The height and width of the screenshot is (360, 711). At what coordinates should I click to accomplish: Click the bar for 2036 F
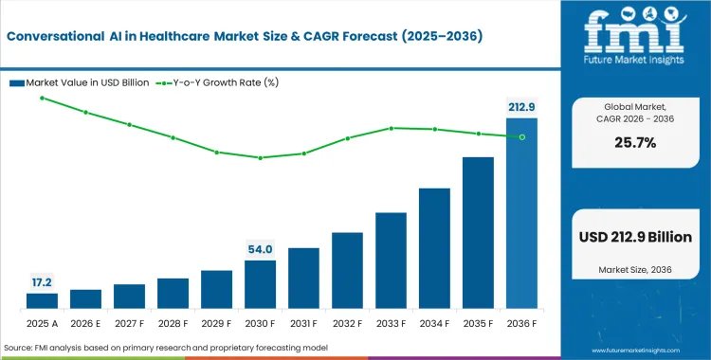coord(521,213)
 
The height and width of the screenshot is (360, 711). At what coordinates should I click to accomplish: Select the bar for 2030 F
coord(260,284)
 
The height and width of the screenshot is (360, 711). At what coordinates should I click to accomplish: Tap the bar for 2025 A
coord(42,301)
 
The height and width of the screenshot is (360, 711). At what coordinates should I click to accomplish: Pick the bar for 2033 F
coord(391,261)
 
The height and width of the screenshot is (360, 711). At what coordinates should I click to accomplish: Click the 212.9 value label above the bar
coord(521,107)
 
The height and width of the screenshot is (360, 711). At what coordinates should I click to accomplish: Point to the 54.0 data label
coord(260,249)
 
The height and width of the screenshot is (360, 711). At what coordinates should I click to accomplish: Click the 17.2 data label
coord(42,282)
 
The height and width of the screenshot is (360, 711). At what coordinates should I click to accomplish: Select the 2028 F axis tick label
coord(173,324)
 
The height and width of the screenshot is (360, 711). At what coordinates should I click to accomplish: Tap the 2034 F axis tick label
coord(434,324)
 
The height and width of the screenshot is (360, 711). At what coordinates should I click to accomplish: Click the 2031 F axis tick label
coord(303,324)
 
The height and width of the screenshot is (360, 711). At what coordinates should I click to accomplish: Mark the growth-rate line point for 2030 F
coord(261,158)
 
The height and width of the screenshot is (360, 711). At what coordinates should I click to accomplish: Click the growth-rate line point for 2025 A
coord(42,98)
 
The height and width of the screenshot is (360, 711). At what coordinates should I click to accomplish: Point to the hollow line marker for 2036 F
coord(522,137)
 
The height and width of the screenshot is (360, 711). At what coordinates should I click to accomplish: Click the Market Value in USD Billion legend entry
coord(80,83)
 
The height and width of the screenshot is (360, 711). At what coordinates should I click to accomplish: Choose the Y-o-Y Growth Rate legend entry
coord(217,83)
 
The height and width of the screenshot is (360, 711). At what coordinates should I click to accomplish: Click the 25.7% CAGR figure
coord(635,143)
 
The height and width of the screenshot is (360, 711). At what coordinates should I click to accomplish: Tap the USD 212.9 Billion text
coord(635,237)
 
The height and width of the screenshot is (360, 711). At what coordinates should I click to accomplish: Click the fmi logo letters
coord(634,31)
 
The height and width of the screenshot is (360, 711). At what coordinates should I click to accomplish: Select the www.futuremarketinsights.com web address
coord(636,351)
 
